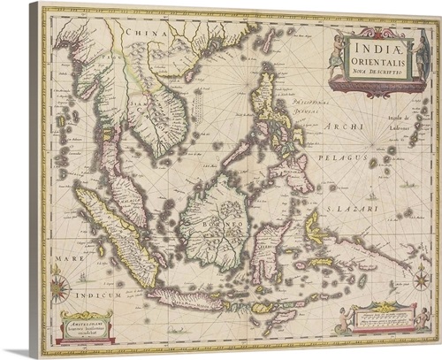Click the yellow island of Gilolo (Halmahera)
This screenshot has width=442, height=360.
coord(314,228)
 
